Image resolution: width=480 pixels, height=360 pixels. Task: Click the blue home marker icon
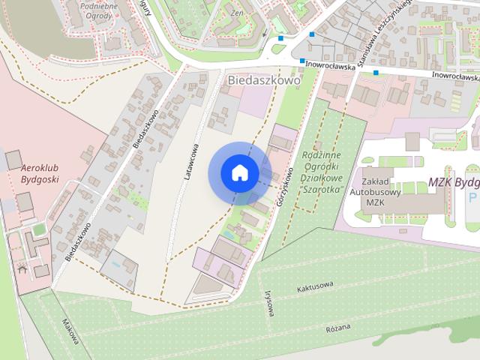[240, 173]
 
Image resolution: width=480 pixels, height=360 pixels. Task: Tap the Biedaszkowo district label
[262, 79]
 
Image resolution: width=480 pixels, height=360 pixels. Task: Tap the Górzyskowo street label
[283, 187]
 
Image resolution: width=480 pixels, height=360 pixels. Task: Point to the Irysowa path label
[268, 303]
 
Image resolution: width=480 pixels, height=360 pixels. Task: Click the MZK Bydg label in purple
[453, 183]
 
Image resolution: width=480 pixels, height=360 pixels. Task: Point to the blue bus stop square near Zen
[280, 37]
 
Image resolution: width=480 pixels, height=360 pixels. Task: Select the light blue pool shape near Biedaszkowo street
[114, 265]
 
